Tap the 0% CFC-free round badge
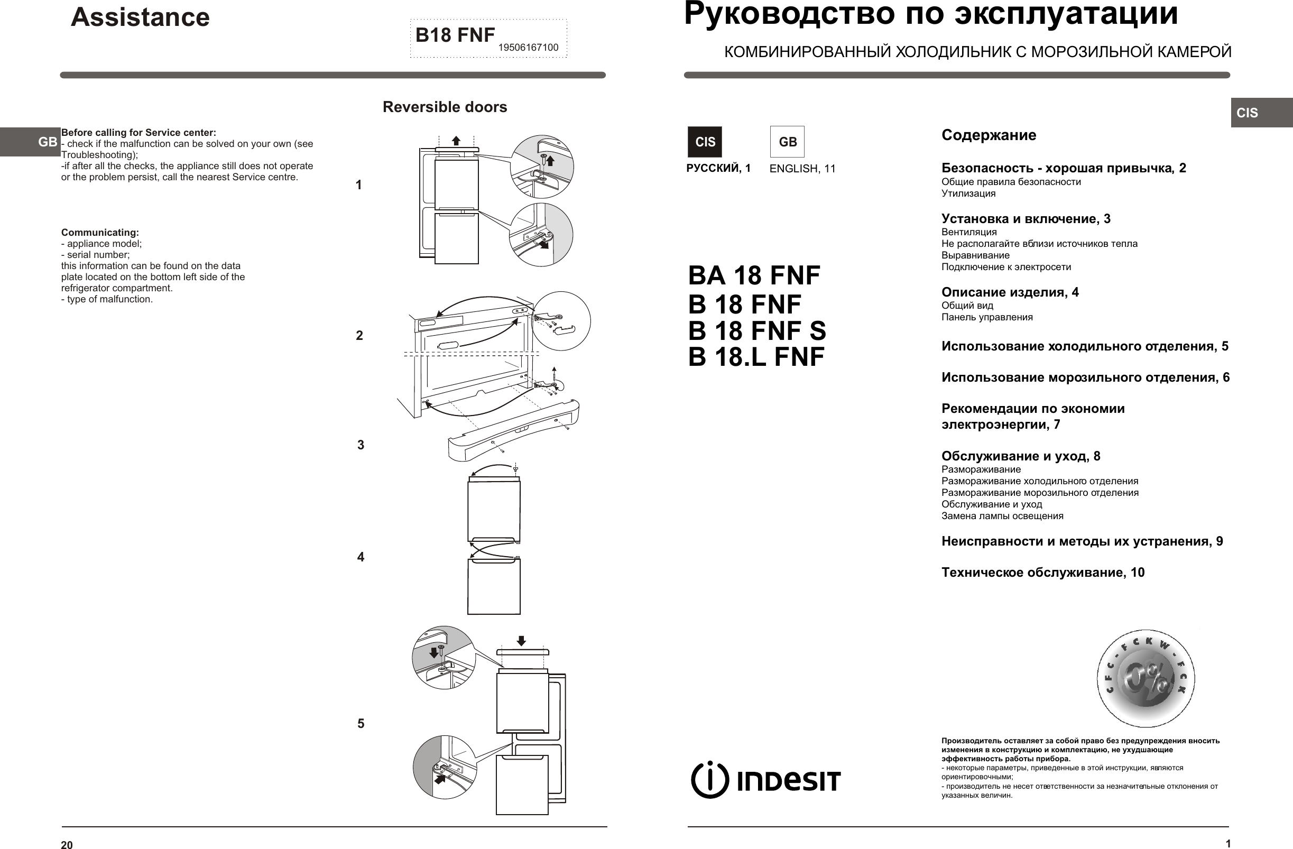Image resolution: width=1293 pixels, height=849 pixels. click(1146, 678)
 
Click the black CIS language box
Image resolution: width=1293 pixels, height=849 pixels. click(705, 142)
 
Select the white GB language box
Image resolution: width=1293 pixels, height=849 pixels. click(787, 142)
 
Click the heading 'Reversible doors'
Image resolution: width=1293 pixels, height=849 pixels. click(445, 107)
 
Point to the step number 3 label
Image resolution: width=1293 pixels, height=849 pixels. click(361, 445)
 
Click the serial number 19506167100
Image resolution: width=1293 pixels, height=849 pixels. click(528, 48)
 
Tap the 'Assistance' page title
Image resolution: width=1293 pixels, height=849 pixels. click(140, 17)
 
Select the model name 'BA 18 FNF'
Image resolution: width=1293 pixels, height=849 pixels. click(753, 275)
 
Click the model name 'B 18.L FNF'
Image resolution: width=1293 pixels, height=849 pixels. click(756, 357)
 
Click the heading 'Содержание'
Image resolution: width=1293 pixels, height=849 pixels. click(988, 135)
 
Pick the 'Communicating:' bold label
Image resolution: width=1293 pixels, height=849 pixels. click(100, 233)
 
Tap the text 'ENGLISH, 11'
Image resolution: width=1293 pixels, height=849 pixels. click(802, 169)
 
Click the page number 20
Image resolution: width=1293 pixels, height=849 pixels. click(67, 845)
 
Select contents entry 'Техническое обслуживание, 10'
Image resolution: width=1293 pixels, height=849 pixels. click(1042, 573)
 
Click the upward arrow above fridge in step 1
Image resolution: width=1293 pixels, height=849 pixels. click(456, 141)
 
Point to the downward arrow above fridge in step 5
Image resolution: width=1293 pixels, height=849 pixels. click(521, 641)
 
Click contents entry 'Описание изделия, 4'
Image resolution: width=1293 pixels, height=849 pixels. click(1010, 292)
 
